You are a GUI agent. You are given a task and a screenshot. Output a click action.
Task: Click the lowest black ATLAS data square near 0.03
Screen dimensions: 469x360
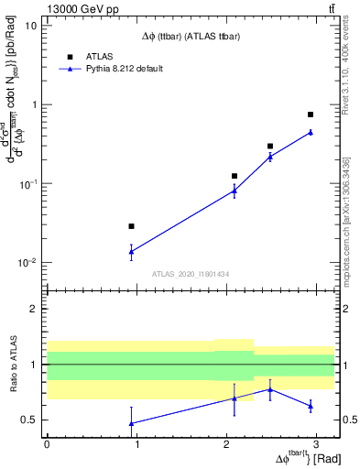pos(132,226)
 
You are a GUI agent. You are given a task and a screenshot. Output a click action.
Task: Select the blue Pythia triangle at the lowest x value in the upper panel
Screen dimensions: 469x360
pos(132,251)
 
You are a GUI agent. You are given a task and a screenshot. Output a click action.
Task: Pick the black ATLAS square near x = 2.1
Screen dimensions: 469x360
pos(235,176)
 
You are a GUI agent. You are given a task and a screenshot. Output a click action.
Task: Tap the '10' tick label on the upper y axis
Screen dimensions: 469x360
pos(30,26)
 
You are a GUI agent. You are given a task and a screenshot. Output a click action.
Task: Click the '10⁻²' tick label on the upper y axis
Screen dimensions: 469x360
pos(28,263)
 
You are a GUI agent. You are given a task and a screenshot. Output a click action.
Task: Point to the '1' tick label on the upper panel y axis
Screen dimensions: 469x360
pos(34,104)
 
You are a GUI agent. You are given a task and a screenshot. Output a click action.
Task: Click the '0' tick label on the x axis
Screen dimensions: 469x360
pos(47,444)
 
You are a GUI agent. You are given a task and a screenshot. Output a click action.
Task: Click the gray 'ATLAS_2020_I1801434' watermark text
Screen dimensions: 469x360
pos(190,274)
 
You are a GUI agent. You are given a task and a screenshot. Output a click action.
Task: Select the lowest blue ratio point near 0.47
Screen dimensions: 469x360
pos(132,423)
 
